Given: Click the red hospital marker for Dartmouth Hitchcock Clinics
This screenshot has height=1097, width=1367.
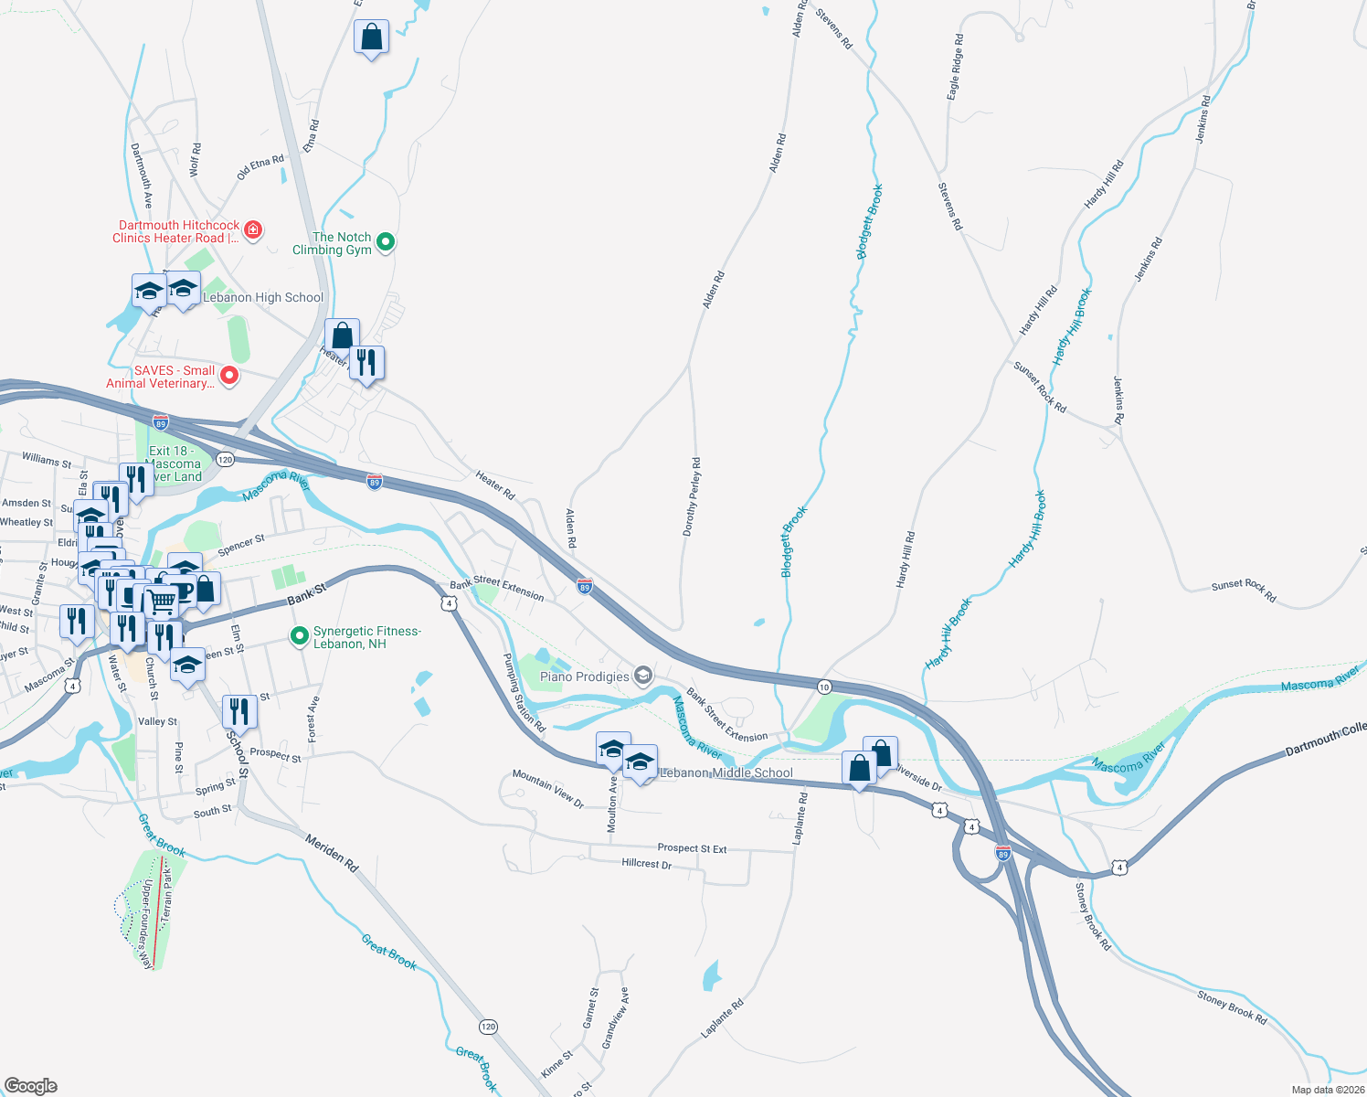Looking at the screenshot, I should point(253,229).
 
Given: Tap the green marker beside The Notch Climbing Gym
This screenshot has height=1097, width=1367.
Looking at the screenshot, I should point(386,242).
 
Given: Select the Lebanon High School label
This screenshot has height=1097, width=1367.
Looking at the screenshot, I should point(263,297).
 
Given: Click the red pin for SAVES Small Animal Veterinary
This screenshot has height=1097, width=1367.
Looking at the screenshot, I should point(229,375).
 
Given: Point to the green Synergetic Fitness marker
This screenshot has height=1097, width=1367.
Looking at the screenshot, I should point(299,636).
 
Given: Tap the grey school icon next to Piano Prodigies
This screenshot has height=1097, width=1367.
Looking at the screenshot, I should point(643,676).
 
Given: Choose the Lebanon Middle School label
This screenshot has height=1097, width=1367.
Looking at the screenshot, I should point(726,772).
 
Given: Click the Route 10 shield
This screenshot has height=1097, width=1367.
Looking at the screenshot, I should point(824,687).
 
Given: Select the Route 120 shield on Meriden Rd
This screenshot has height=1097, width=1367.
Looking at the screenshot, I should point(489,1027).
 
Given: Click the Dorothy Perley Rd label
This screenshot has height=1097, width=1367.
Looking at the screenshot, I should point(692,497).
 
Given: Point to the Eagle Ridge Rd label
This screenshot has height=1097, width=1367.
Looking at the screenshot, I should point(955,68).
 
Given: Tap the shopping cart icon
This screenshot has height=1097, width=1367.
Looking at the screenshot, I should point(162,601).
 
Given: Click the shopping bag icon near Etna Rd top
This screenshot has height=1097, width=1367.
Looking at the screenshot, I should point(371,37).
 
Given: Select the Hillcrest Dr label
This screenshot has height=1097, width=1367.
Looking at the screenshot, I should point(647,863).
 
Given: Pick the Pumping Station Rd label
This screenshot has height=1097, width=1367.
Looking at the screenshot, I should point(524,693).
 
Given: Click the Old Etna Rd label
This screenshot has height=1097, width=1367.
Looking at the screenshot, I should point(260,167).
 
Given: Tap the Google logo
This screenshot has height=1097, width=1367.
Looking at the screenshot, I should point(30,1085).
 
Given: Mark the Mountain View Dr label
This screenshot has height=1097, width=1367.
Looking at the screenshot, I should point(548,788).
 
